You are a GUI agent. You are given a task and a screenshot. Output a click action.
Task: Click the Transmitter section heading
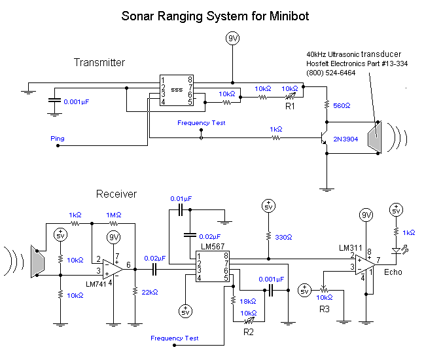click(x=99, y=63)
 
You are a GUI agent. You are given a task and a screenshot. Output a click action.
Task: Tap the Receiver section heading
click(x=116, y=194)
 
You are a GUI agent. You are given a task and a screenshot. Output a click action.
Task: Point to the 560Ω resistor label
click(x=342, y=105)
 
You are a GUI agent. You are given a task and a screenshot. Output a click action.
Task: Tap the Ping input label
click(x=58, y=138)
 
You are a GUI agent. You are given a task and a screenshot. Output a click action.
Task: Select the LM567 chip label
click(x=213, y=247)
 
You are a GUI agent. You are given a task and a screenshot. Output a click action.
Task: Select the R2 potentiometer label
click(x=248, y=332)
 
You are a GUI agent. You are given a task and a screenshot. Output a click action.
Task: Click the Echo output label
click(x=393, y=271)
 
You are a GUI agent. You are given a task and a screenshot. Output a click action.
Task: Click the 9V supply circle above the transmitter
click(x=232, y=39)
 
